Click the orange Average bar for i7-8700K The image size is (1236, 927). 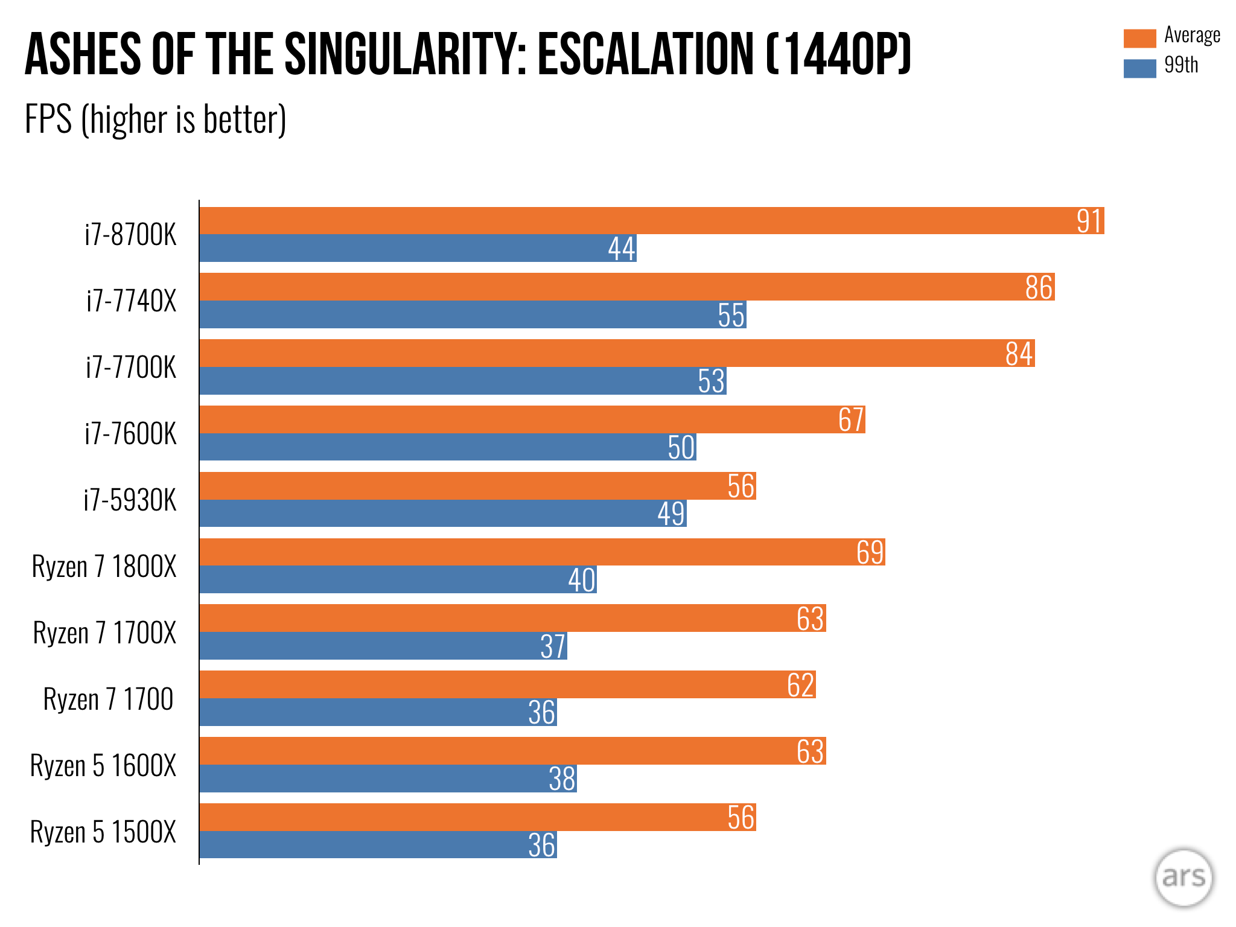(x=652, y=220)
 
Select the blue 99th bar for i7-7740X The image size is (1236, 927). (x=473, y=314)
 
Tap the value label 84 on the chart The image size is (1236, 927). (x=1019, y=354)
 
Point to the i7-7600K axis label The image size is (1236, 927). (x=130, y=433)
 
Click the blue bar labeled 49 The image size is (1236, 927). (x=443, y=513)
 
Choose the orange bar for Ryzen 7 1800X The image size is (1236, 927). (x=543, y=552)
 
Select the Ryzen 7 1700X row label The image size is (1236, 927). (x=104, y=632)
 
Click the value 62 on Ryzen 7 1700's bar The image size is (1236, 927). (x=801, y=685)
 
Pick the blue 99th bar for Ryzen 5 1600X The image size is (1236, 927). (x=388, y=779)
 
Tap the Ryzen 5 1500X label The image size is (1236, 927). (x=103, y=832)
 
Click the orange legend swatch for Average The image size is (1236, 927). (x=1139, y=38)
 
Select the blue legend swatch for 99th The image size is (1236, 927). (x=1139, y=68)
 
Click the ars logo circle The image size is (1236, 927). (x=1183, y=878)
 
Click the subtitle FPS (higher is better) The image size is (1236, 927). (x=155, y=119)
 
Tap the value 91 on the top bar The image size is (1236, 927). (x=1089, y=221)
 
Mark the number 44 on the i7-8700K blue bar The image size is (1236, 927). (x=622, y=249)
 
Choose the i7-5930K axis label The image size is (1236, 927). (x=130, y=500)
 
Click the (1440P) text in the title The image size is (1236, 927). (x=838, y=54)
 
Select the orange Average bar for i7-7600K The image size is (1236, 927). (x=532, y=419)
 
